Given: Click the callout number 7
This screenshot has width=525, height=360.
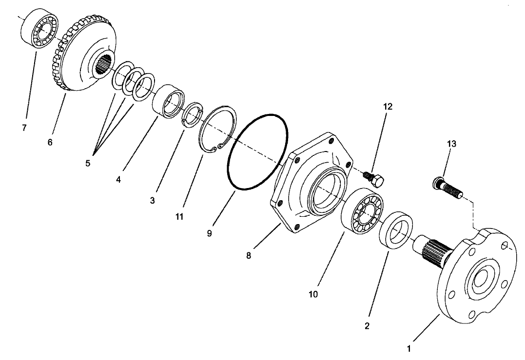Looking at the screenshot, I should point(24,128).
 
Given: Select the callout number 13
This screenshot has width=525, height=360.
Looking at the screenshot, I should point(451,144).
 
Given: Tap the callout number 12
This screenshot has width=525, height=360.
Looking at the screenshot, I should point(387,106).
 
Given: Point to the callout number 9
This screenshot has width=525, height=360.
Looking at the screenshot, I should point(209,233).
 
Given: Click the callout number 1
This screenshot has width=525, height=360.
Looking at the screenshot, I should point(409,349).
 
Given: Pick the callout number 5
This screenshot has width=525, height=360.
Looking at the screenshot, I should point(88,163).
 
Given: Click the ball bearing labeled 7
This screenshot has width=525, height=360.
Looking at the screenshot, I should point(39,28).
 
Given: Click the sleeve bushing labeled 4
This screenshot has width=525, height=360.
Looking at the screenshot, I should point(167,101).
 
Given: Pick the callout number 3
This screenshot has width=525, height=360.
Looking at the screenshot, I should point(153,200).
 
